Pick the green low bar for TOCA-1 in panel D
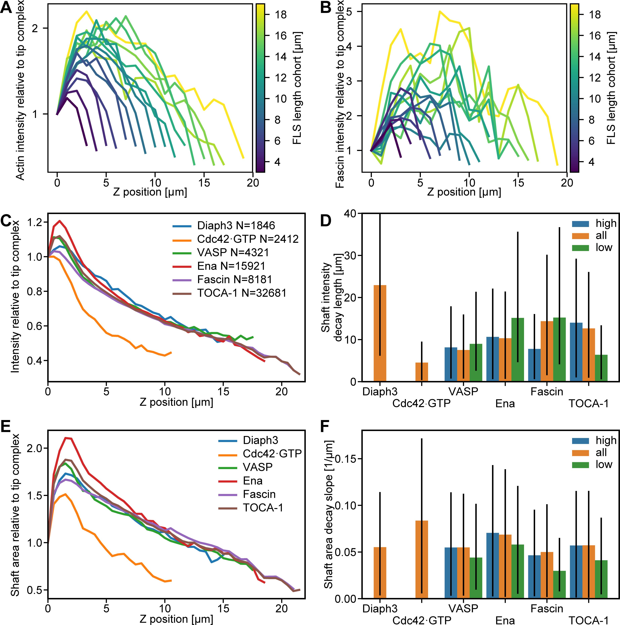[x=601, y=368]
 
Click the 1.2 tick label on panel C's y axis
[x=35, y=222]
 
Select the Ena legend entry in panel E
[x=252, y=481]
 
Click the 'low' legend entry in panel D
[x=604, y=247]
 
